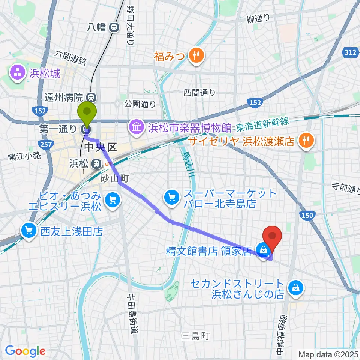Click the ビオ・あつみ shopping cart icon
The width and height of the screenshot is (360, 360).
(x=112, y=200)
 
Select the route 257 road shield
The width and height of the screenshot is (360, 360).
(x=45, y=144)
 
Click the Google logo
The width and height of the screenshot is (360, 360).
(x=25, y=351)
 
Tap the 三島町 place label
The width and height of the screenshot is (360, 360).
(x=195, y=336)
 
